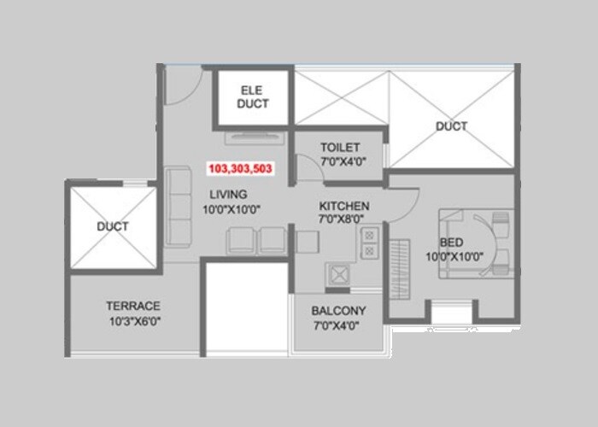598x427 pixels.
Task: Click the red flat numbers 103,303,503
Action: coord(240,169)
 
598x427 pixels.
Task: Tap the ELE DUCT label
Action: coord(254,97)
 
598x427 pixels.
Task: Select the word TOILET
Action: coord(340,148)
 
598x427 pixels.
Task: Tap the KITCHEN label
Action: coord(344,207)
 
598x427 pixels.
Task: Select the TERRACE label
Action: coord(133,306)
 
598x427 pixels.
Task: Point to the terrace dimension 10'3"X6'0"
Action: coord(133,321)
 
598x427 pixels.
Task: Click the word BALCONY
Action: coord(338,311)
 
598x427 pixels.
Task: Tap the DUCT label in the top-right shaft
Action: coord(451,126)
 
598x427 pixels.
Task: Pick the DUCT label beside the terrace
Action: coord(112,226)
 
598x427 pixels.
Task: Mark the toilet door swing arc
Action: coord(305,164)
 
